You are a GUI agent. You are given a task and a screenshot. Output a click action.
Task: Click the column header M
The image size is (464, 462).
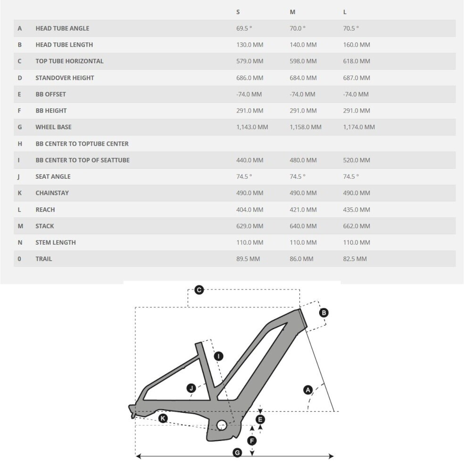pos(292,12)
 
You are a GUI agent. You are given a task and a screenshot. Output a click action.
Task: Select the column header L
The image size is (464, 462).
pos(345,12)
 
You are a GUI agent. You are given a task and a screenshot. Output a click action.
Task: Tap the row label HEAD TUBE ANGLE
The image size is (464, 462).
pos(62,28)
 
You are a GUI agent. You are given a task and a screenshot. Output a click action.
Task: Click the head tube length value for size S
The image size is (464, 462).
pos(249,45)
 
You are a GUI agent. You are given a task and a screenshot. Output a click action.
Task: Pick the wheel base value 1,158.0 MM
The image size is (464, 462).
pos(305,127)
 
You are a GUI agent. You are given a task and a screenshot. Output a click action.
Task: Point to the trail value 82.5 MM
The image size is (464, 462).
pos(355,259)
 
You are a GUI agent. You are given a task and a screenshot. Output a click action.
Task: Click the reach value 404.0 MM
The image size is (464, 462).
pos(249,209)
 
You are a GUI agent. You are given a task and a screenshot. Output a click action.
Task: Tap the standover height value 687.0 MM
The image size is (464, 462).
pos(356,78)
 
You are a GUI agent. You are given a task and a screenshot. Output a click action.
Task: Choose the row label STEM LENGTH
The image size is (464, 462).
pos(56,242)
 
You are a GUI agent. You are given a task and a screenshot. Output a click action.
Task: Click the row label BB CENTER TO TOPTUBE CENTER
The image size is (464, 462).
pos(82,143)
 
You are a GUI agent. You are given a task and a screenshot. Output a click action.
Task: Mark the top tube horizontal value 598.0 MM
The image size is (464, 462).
pos(303,61)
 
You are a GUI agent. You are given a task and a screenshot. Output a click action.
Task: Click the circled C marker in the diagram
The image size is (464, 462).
pos(199,290)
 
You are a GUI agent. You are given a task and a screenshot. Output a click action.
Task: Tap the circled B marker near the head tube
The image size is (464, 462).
pos(323,313)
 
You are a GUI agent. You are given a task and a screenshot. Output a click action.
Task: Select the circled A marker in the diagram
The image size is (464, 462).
pos(308,390)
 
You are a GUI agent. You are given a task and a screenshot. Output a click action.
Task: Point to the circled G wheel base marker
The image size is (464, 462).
pos(238,453)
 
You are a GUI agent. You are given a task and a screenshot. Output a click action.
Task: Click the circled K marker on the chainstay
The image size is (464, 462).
pos(163,418)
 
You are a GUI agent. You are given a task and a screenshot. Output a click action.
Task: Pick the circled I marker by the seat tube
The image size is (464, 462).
pos(218,356)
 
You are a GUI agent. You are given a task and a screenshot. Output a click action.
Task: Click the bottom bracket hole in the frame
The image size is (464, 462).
pos(222,426)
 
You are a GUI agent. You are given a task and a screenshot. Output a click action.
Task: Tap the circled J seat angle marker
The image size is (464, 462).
pos(191,388)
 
